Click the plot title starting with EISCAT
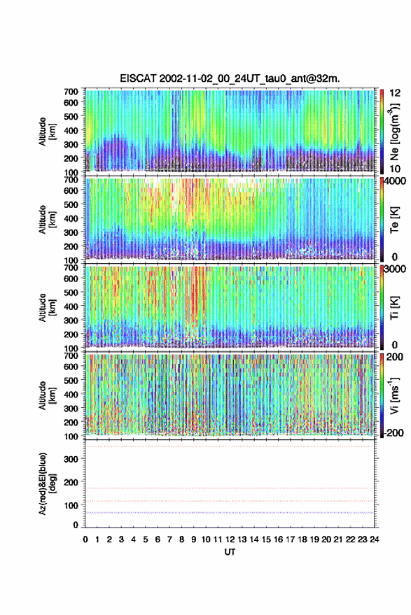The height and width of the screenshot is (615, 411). (x=230, y=78)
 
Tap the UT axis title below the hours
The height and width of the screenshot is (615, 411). (x=230, y=552)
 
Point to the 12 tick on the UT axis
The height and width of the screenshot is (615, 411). (x=230, y=539)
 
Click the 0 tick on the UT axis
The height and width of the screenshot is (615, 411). (x=85, y=539)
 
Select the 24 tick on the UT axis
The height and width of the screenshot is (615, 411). (x=374, y=539)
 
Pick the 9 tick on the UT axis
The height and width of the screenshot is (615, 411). (x=193, y=539)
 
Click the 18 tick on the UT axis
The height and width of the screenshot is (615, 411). (x=302, y=539)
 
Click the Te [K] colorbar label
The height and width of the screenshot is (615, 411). (x=394, y=220)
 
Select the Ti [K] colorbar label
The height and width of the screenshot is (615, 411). (x=394, y=308)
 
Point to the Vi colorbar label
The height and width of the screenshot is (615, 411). (x=394, y=395)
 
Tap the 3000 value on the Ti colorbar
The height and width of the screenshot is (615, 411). (x=396, y=269)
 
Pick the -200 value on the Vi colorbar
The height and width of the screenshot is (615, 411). (x=393, y=433)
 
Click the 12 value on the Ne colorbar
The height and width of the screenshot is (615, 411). (x=395, y=93)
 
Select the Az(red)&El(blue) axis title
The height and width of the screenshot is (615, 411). (x=46, y=484)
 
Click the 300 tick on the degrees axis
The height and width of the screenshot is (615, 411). (x=71, y=459)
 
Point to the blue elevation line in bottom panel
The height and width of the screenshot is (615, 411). (x=230, y=513)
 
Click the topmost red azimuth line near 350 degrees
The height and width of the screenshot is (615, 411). (x=230, y=446)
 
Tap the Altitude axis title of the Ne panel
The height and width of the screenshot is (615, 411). (x=46, y=132)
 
